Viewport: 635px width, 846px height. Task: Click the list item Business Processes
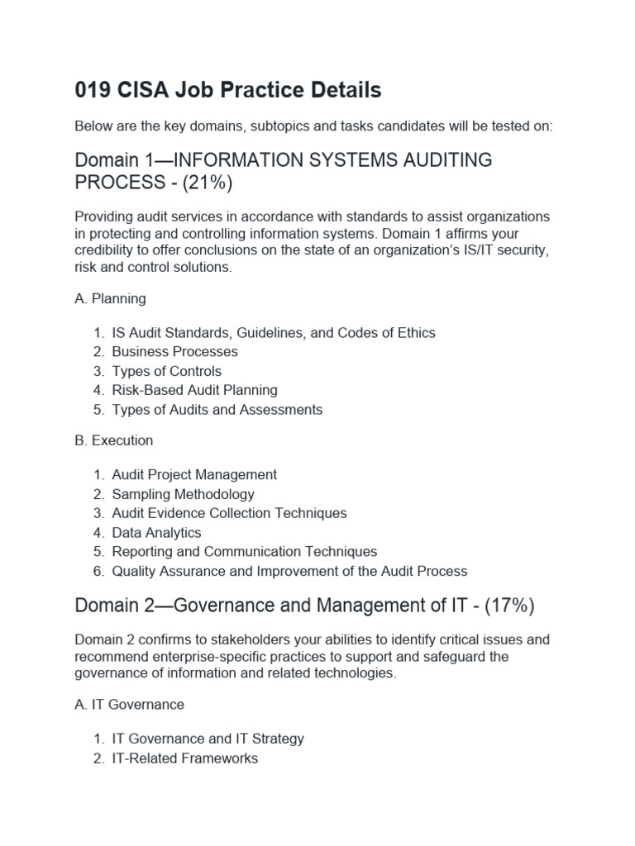[x=174, y=352]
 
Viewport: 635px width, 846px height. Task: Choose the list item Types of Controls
[x=166, y=371]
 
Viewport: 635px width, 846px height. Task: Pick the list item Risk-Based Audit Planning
[x=194, y=390]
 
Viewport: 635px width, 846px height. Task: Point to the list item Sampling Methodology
[x=183, y=494]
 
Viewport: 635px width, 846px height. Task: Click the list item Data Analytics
[x=156, y=533]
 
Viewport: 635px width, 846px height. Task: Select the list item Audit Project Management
[x=194, y=475]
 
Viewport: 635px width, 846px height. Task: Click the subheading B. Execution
[x=114, y=440]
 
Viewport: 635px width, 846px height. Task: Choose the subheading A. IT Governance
[x=129, y=705]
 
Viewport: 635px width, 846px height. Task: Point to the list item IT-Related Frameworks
[x=184, y=758]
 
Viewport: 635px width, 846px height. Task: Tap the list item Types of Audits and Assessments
[x=217, y=410]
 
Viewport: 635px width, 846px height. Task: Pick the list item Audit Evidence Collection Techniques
[x=229, y=513]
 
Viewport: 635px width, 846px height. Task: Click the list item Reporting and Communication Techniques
[x=244, y=552]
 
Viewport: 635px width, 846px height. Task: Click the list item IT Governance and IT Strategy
[x=208, y=739]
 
